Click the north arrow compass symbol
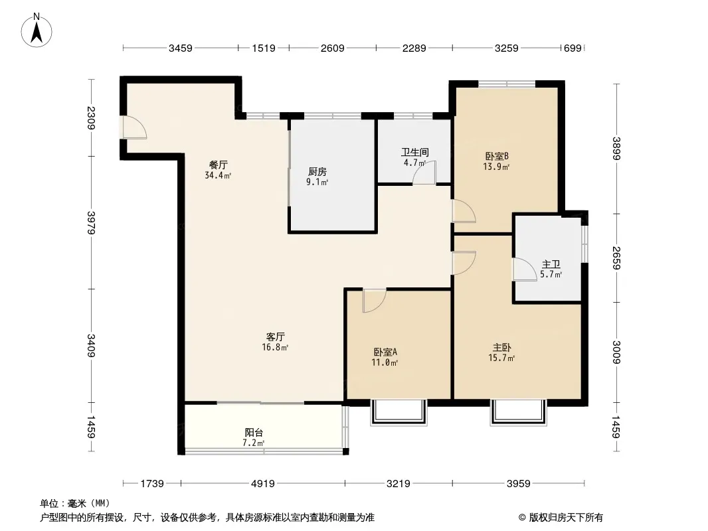point(37,31)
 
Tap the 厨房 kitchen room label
point(317,172)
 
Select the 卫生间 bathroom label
point(415,152)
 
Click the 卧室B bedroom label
point(497,156)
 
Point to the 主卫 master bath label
point(551,264)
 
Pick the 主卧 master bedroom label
point(501,347)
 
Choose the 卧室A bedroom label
point(385,351)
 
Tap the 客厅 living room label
point(275,337)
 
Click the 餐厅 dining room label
point(218,165)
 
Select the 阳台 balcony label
point(254,433)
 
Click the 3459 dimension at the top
point(181,48)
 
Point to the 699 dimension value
point(573,48)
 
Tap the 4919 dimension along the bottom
point(263,484)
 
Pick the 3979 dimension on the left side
point(91,222)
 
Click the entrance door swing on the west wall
point(135,127)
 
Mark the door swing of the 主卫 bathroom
point(524,269)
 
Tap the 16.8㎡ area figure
point(275,347)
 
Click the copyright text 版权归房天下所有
point(566,518)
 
